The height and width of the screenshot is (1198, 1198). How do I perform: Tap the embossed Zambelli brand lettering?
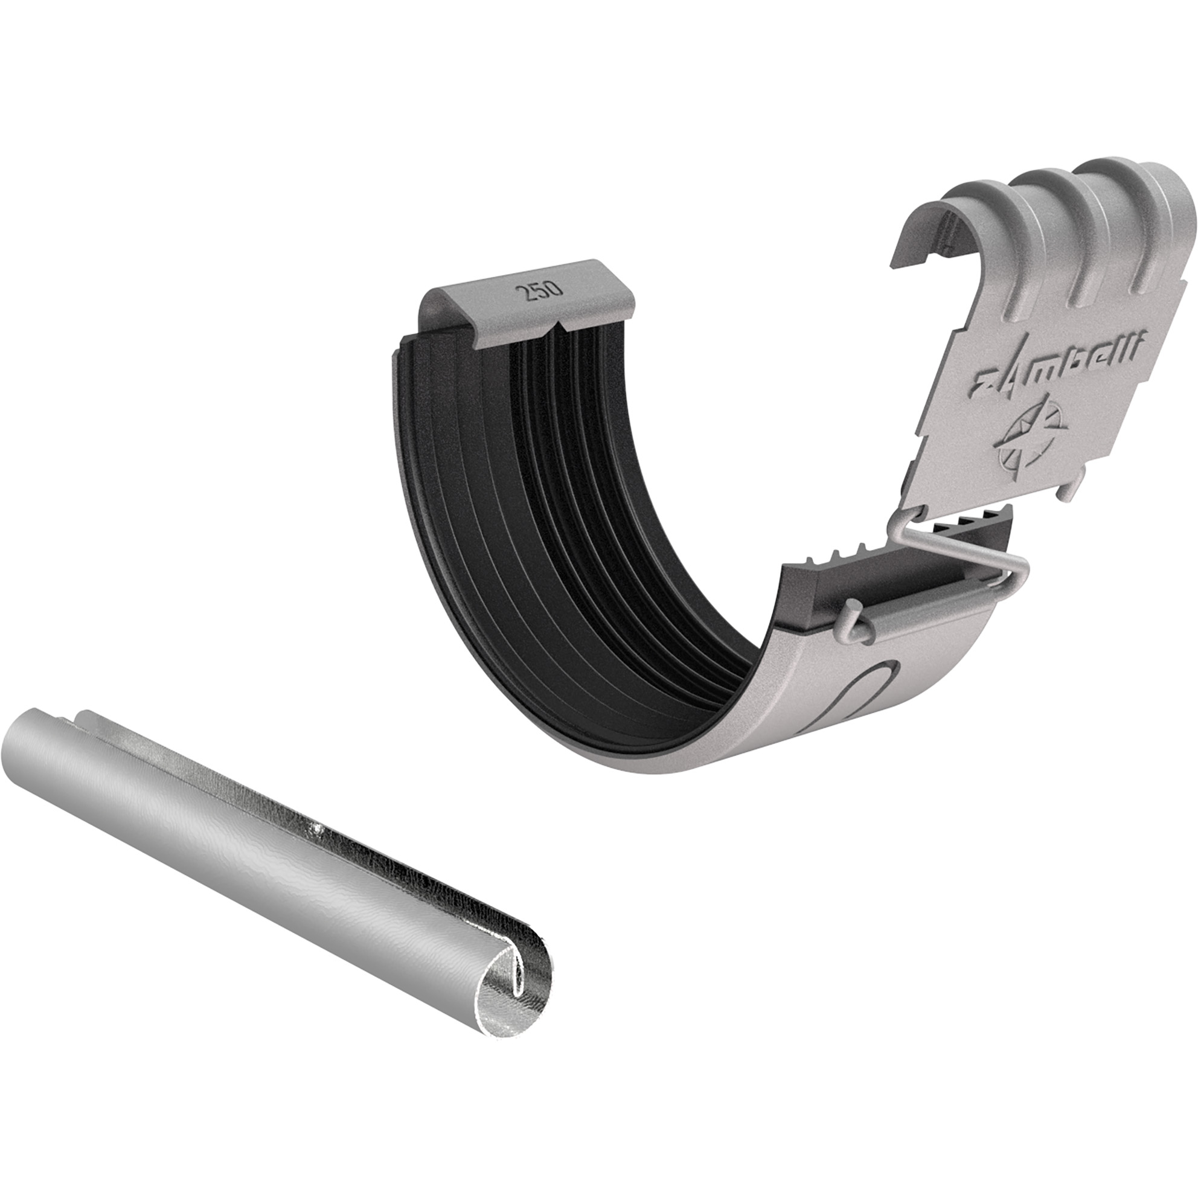(x=1056, y=367)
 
